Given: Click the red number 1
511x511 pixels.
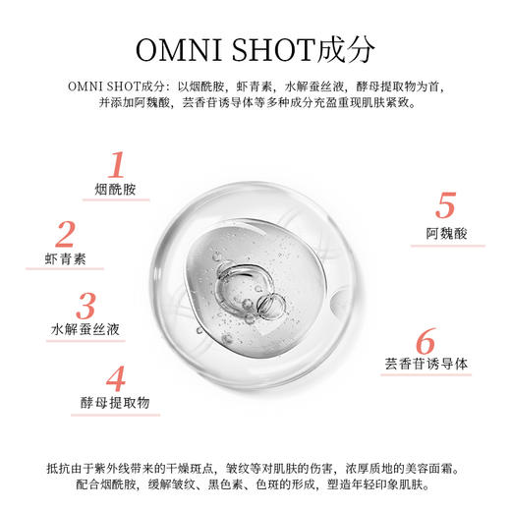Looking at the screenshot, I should tap(117, 164).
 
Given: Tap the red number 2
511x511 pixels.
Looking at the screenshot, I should tap(66, 235).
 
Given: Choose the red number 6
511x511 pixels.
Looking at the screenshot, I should tap(426, 343).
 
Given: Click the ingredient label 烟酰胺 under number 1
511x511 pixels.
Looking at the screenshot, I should tap(116, 188).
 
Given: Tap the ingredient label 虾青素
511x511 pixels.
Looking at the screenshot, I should tap(66, 258).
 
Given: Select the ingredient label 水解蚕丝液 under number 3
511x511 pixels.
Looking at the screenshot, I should tap(86, 329).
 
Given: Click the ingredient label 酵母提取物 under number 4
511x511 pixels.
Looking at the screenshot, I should tap(116, 403).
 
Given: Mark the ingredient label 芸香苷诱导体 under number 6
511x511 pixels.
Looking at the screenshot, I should tap(426, 365).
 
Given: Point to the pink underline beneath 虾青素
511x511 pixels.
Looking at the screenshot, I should tap(66, 270).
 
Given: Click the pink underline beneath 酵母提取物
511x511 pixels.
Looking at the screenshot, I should tap(116, 415).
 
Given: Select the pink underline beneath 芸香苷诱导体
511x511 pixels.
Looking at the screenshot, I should tap(426, 376).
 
